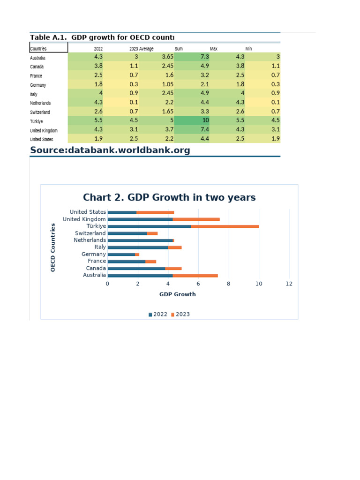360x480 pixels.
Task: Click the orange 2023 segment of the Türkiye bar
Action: tap(225, 226)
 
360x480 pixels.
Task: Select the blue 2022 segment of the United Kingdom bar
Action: tap(140, 219)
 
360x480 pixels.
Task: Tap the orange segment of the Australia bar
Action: tap(195, 275)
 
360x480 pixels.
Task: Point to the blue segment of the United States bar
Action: tap(122, 212)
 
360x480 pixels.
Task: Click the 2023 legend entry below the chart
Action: tap(180, 314)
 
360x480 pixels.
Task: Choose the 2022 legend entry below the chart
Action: tap(158, 314)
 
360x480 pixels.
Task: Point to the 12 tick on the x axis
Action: tap(289, 284)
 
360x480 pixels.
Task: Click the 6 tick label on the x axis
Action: tap(198, 284)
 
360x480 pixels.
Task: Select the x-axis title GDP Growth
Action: tap(178, 294)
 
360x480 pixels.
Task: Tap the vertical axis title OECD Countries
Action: tap(53, 247)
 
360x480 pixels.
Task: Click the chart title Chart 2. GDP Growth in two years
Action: tap(169, 197)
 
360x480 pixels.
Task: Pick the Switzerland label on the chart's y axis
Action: tap(90, 233)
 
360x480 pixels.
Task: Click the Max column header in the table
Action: tap(213, 48)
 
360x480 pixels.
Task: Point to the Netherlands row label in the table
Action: tap(40, 103)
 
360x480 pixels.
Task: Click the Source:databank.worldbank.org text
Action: tap(110, 150)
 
